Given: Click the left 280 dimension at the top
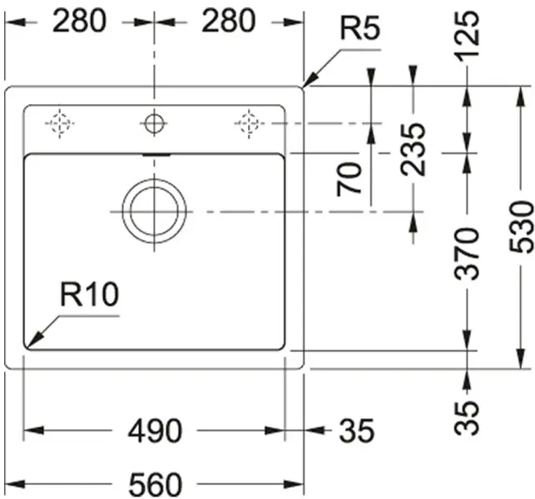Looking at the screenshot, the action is (x=80, y=21).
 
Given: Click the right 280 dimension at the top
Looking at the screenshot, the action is (x=228, y=21).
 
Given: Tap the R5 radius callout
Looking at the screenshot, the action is (x=360, y=28).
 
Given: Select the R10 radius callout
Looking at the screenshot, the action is (x=89, y=294).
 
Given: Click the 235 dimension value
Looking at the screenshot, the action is (x=413, y=150).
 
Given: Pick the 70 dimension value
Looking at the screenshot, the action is (x=349, y=179).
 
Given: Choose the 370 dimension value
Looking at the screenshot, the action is (x=468, y=254).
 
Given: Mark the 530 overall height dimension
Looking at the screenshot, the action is (x=521, y=228).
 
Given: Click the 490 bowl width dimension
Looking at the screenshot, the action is (x=155, y=431).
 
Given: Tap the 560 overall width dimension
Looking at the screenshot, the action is (x=155, y=484).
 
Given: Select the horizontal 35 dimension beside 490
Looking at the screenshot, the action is (x=357, y=431).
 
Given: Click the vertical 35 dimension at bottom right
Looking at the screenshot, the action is (x=468, y=419).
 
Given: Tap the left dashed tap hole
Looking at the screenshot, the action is (x=59, y=124).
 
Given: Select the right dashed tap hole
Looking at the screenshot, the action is (x=249, y=124).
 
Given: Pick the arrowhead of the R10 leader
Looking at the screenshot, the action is (x=33, y=342).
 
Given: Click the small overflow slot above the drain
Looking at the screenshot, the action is (x=157, y=155).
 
